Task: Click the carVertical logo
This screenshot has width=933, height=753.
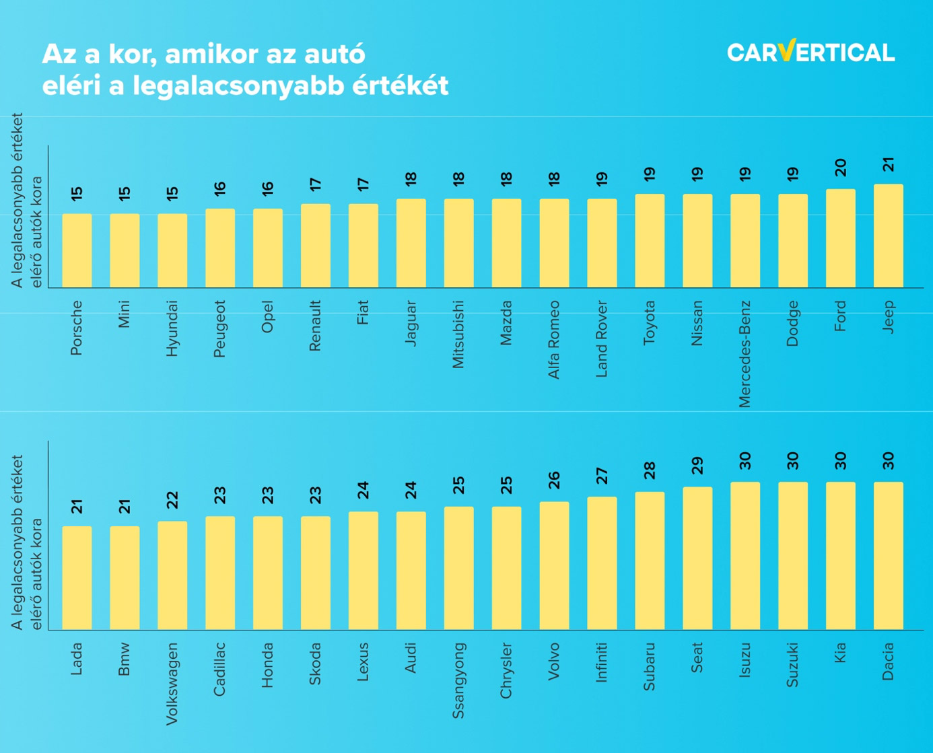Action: coord(810,52)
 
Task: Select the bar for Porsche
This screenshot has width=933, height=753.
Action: coord(77,250)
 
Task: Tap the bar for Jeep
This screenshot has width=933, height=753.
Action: coord(888,236)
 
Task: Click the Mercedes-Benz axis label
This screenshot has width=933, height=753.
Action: coord(745,354)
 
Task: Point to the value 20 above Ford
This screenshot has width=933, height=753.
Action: coord(841,168)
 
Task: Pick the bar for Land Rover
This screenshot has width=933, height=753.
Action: coord(602,243)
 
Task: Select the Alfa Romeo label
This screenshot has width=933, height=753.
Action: coord(554,339)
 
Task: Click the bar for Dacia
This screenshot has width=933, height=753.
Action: coord(888,555)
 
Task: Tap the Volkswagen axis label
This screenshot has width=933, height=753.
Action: coord(172,684)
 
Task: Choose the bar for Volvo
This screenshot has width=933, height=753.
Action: coord(554,565)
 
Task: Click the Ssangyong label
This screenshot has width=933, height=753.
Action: coord(458,680)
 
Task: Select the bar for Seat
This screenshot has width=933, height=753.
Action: coord(697,558)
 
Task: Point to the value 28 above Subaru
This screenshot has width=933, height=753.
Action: coord(650,470)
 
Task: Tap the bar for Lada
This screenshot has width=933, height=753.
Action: coord(77,577)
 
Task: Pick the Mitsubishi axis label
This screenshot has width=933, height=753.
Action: coord(458,334)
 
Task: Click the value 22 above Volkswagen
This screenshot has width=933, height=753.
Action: coord(172,500)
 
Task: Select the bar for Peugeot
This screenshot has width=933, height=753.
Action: coord(220,248)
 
